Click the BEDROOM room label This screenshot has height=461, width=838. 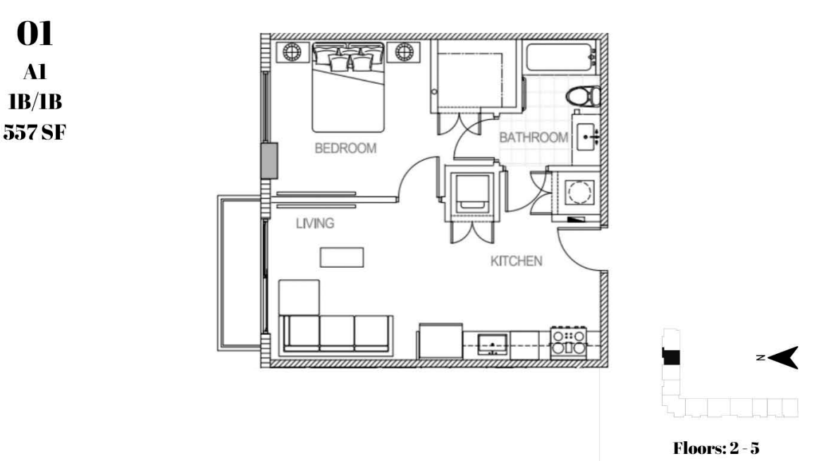coord(345,148)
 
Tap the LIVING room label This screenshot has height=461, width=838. coord(315,223)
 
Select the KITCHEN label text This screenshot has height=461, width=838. coord(517,261)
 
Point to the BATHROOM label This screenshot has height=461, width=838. coord(534,137)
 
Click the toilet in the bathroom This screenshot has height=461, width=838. coord(583,97)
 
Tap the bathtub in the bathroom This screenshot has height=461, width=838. coord(561,57)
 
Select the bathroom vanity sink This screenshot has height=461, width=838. coord(587,137)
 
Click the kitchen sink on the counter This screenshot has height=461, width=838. coord(492,344)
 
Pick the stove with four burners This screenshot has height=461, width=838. coord(569,343)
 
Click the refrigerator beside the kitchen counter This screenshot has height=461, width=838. coord(440,340)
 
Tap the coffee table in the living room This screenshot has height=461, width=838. coord(342,257)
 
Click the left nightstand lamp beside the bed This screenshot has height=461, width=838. coord(292,52)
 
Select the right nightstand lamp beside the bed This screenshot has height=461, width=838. coord(404,52)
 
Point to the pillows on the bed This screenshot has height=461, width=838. coord(348,58)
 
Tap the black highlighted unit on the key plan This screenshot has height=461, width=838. coord(671,356)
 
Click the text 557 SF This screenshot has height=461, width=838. coord(35,132)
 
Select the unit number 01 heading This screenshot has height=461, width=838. coord(35,34)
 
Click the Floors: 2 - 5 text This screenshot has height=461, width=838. coord(716,448)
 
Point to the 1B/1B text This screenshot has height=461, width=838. coord(35,101)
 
